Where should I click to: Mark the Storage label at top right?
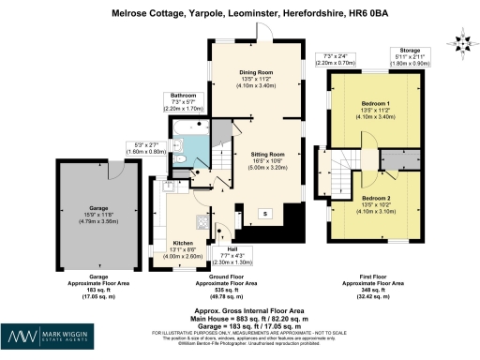410,52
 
